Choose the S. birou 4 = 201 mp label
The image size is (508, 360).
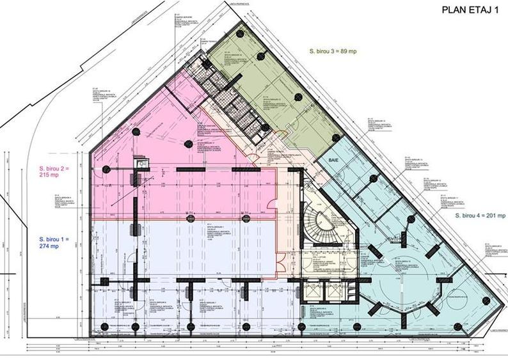point(480,216)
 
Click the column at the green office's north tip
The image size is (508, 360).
point(239,33)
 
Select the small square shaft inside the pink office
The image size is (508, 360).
point(141,164)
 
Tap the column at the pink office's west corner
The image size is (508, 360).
point(106,169)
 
